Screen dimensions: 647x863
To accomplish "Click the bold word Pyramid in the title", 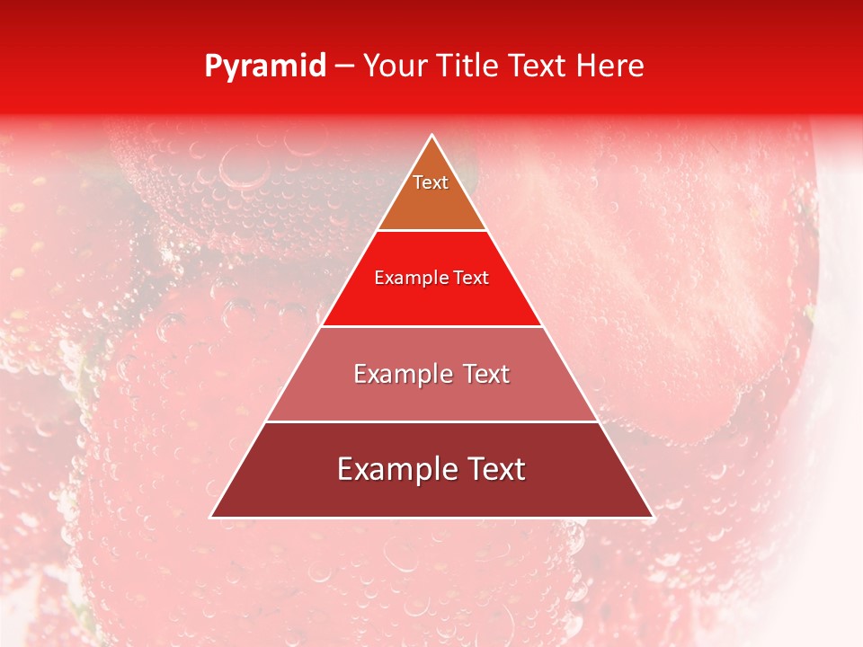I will click(x=265, y=66).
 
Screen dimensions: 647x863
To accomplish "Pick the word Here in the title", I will click(x=615, y=66).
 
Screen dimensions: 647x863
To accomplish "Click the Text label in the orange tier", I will click(x=431, y=182).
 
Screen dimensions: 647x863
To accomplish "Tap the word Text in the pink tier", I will click(x=486, y=374).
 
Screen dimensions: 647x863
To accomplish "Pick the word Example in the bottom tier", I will click(x=393, y=469).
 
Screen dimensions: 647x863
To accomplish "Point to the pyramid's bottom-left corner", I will click(x=210, y=517).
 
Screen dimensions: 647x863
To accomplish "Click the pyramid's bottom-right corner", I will click(x=654, y=517).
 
